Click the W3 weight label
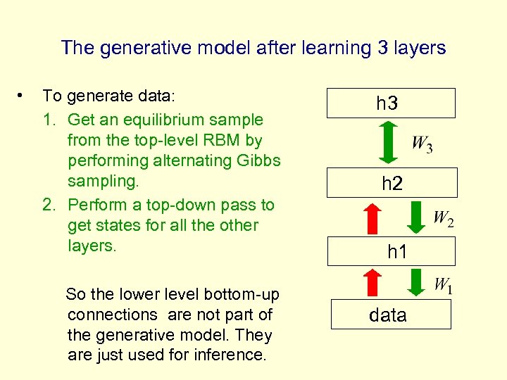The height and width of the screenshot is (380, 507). tap(422, 146)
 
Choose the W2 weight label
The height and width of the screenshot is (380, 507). tap(443, 219)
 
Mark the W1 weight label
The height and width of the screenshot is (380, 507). tap(443, 285)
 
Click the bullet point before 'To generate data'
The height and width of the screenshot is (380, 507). tap(23, 94)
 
